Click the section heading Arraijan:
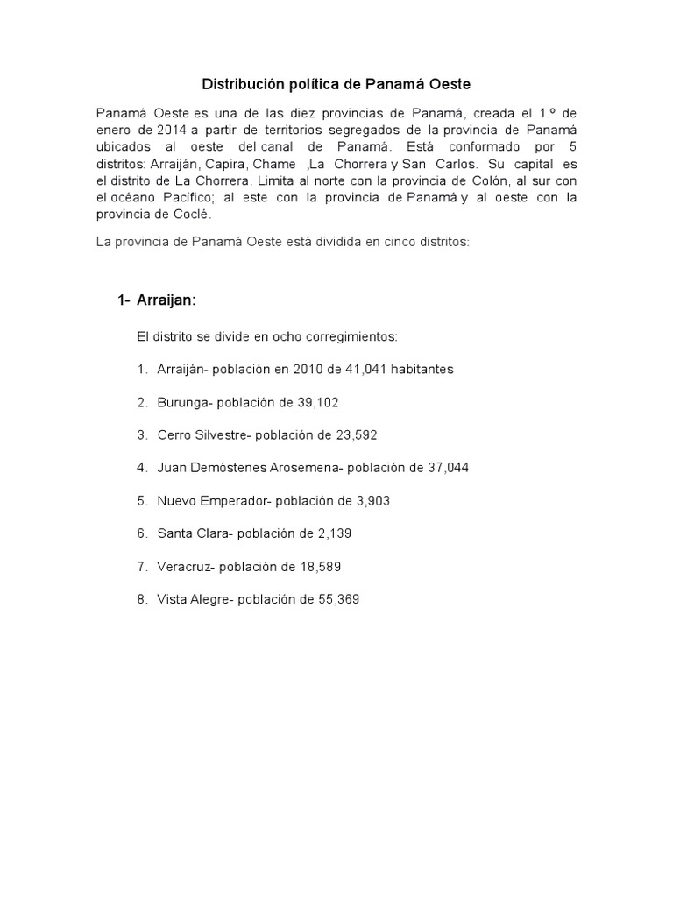click(x=166, y=300)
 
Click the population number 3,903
click(x=369, y=501)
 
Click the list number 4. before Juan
click(x=142, y=468)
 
